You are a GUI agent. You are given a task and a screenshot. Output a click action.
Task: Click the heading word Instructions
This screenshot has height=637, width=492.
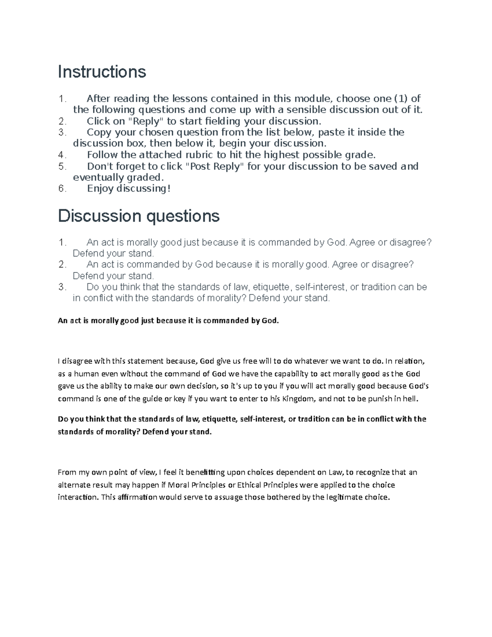(102, 72)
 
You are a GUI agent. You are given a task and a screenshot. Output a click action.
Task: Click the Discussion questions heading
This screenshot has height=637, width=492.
(139, 216)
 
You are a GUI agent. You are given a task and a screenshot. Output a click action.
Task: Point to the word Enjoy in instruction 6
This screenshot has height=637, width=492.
(100, 189)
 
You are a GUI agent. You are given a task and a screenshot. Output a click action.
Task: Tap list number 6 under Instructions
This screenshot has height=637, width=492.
(62, 189)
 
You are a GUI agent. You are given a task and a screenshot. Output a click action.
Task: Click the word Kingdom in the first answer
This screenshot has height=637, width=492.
(300, 398)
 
